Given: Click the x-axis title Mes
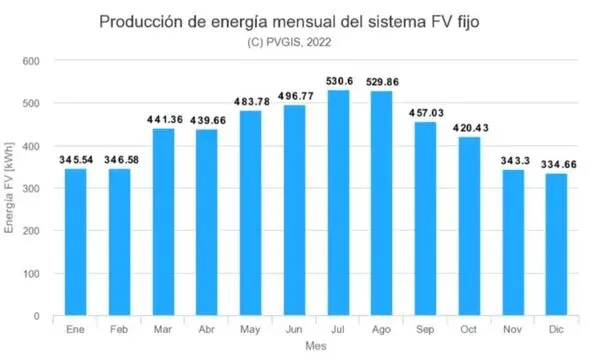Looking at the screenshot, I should (316, 345).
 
